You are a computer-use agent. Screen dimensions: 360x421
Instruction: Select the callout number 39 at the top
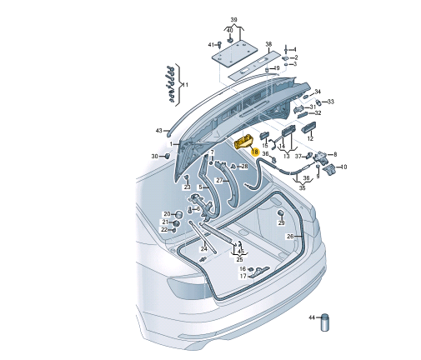pyautogui.click(x=233, y=19)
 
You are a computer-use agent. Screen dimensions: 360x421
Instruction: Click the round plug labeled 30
pyautogui.click(x=167, y=156)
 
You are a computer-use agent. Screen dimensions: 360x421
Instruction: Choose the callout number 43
pyautogui.click(x=158, y=131)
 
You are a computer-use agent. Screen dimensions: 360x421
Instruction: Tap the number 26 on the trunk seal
pyautogui.click(x=290, y=236)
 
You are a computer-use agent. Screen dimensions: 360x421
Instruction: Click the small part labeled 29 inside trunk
pyautogui.click(x=280, y=214)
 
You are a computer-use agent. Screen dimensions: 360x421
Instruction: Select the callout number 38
pyautogui.click(x=268, y=44)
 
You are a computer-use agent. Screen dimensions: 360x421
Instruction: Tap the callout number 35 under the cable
pyautogui.click(x=302, y=188)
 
